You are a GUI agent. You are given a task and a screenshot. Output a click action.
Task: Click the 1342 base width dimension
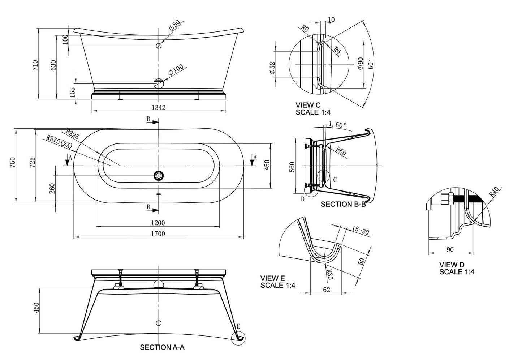click(158, 107)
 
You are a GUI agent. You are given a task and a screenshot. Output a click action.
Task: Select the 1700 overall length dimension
click(158, 233)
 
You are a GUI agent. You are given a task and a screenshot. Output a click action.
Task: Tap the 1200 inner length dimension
click(158, 223)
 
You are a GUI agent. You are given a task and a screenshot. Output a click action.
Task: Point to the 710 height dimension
click(35, 65)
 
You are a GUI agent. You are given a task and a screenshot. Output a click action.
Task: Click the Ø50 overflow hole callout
click(174, 25)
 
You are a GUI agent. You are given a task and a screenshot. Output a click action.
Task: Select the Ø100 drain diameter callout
click(176, 69)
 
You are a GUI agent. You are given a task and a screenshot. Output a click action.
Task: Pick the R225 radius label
click(73, 134)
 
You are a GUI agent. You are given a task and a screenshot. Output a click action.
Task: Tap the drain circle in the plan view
click(158, 176)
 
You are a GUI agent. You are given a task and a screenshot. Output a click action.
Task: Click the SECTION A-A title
click(162, 347)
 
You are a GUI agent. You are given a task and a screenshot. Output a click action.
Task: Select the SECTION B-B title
click(343, 204)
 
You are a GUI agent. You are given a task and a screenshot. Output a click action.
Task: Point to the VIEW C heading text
click(308, 105)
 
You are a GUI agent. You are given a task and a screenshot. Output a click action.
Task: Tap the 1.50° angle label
click(337, 125)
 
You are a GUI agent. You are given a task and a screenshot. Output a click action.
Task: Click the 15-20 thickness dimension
click(360, 230)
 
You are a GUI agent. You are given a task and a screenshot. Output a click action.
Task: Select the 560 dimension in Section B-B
click(292, 166)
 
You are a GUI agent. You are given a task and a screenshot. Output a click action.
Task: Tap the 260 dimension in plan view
click(52, 188)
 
